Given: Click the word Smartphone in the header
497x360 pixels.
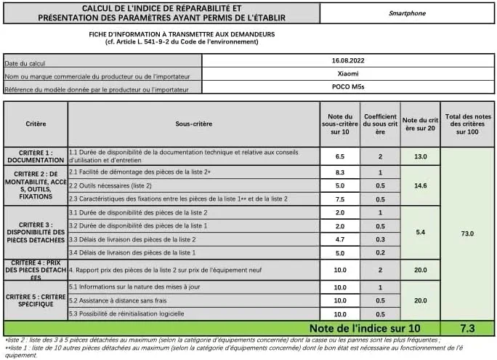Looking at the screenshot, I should pos(407,12).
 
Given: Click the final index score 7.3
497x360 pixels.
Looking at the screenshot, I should pos(467,329).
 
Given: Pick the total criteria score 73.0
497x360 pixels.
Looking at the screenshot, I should pos(467,233).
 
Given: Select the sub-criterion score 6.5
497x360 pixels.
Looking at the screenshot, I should pos(339,156).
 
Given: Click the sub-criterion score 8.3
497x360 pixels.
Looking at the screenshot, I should pos(339,173).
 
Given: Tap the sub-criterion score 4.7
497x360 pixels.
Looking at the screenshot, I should pos(339,239).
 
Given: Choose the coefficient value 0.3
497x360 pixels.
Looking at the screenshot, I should pos(380,239).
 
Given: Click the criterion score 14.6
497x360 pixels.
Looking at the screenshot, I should pos(420,186).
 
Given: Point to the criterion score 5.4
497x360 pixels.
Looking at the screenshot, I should pos(420,233).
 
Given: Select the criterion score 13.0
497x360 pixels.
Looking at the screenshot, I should pos(420,156).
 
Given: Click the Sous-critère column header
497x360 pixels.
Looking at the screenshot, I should pos(193,124).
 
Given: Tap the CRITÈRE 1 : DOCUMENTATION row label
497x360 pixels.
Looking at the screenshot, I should pos(36,156).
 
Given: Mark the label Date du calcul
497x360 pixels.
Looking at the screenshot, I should pos(26,63).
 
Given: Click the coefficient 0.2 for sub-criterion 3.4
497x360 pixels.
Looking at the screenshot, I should pos(380,252).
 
